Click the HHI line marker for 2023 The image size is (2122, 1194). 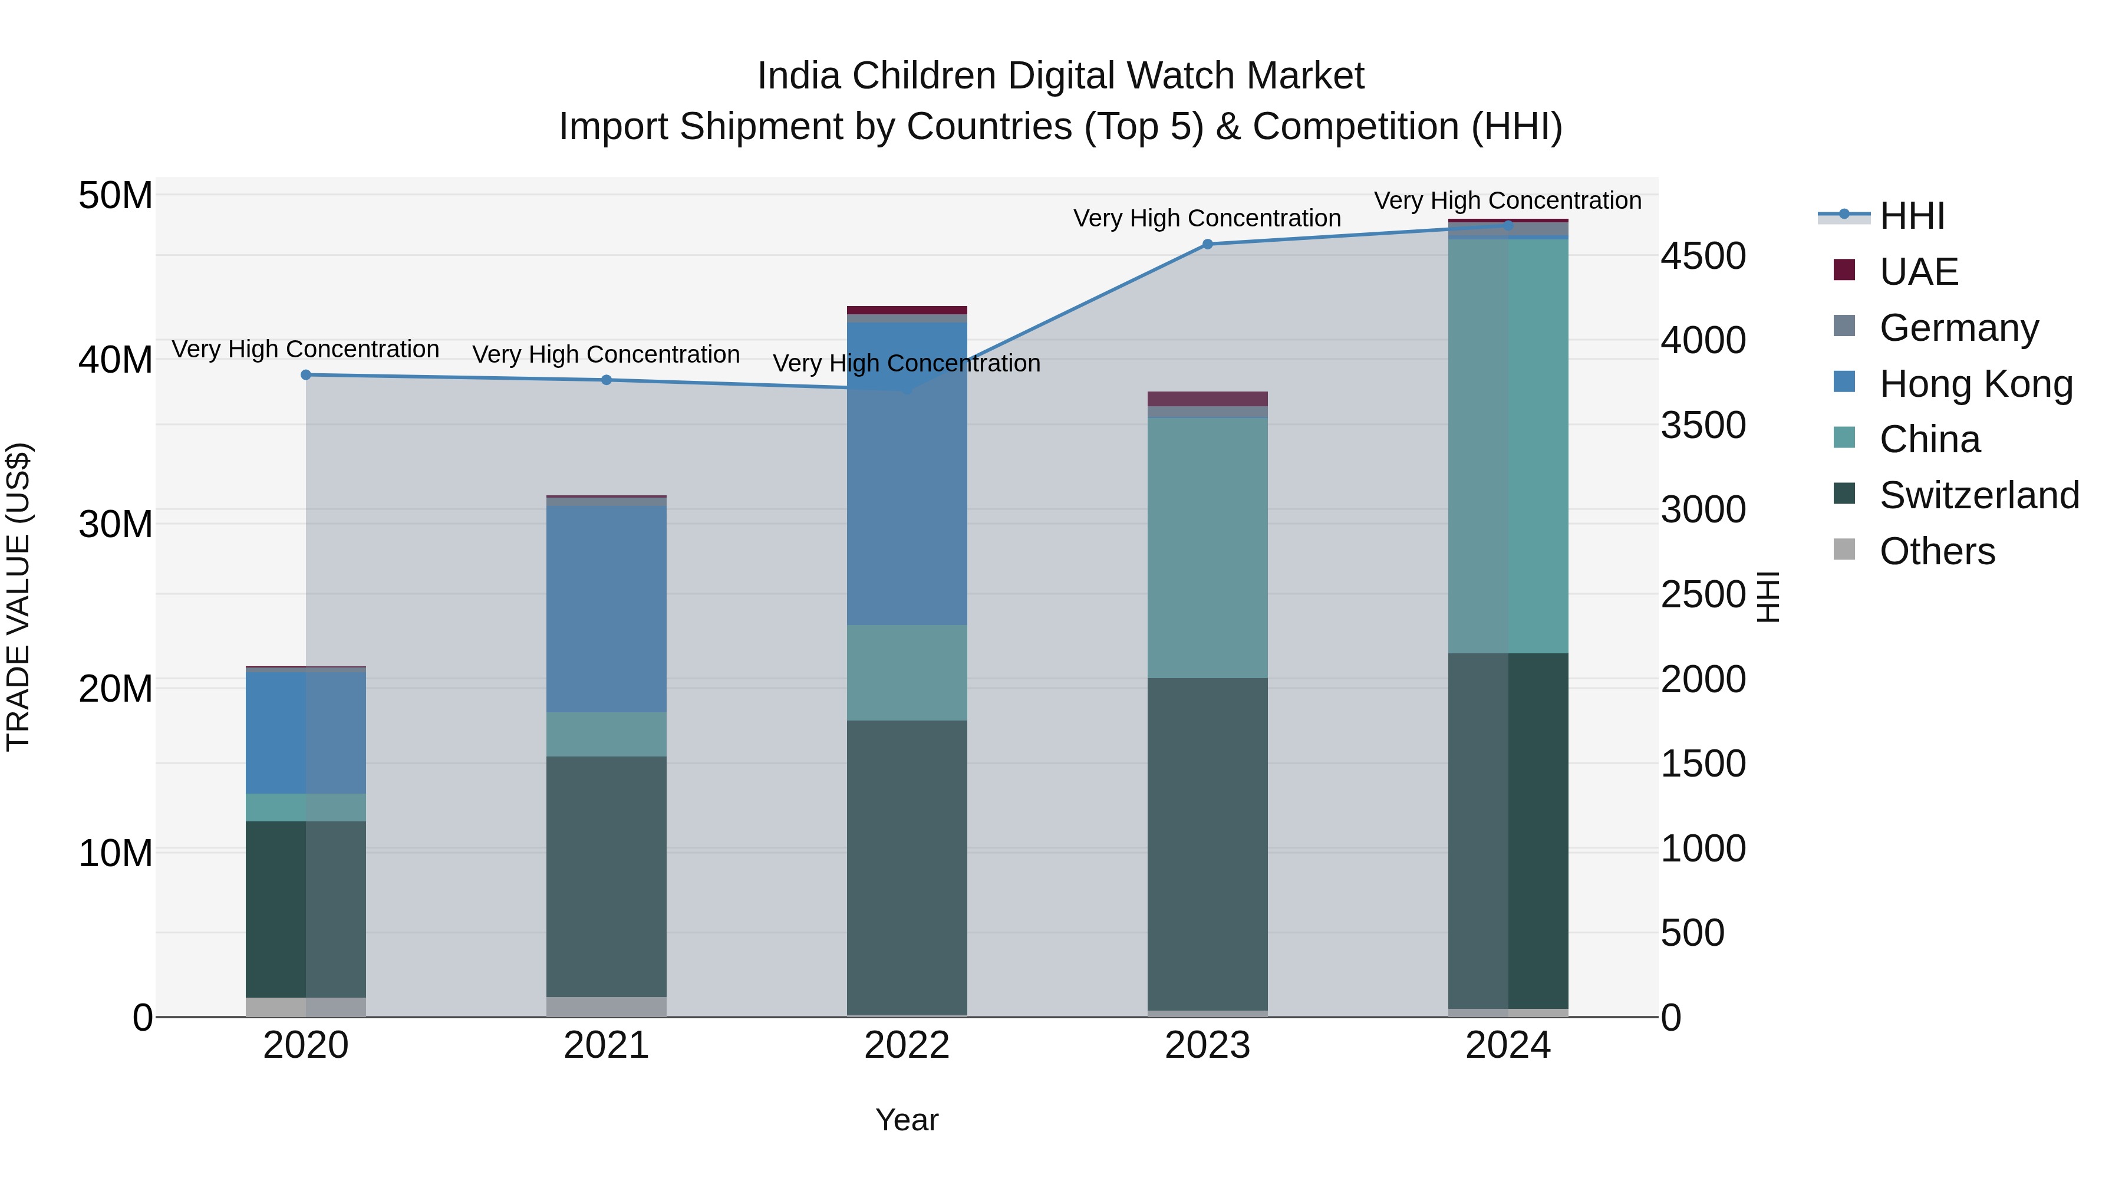(1208, 244)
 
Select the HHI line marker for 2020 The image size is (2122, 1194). (305, 375)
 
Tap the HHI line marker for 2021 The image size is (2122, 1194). (607, 380)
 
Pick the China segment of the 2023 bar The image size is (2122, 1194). (1208, 548)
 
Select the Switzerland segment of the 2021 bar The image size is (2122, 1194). (607, 877)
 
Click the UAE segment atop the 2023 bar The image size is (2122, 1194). (1208, 399)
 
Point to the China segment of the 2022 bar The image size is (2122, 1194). (907, 672)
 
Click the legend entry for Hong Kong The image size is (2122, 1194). (1975, 383)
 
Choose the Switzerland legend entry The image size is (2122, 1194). (1979, 495)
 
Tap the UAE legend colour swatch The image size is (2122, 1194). (1844, 270)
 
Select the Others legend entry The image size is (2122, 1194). (1937, 551)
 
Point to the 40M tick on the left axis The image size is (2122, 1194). (116, 360)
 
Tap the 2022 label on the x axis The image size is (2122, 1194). (907, 1045)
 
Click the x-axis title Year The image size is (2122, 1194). (907, 1120)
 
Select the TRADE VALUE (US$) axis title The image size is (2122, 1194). (18, 597)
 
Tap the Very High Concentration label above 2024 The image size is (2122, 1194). (1507, 200)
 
